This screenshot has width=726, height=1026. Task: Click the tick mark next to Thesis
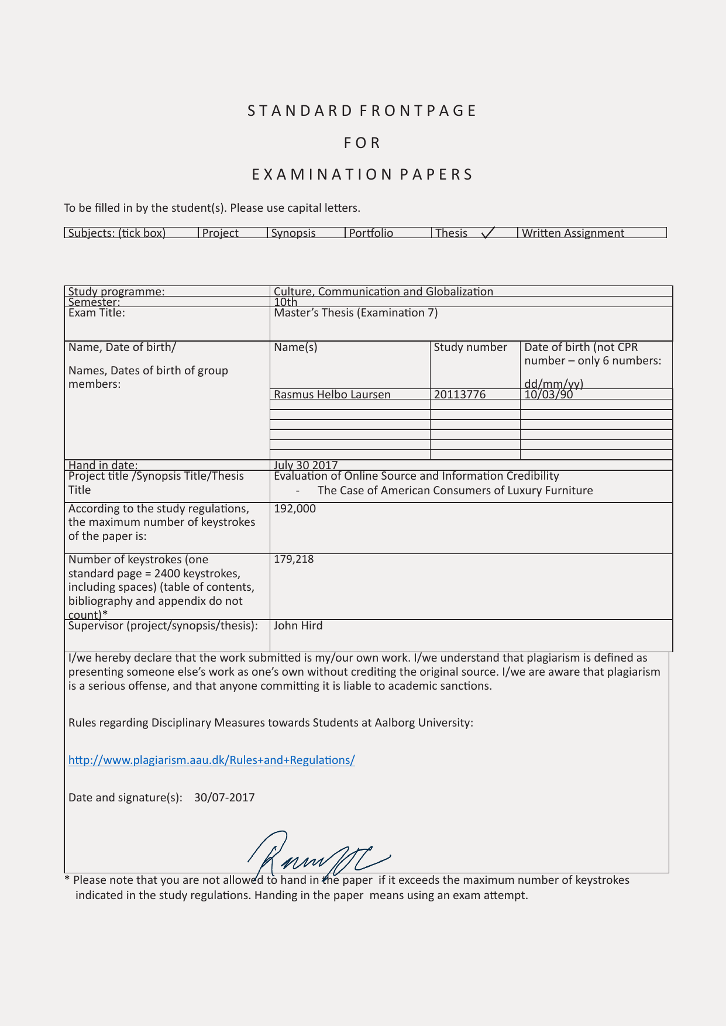click(x=488, y=233)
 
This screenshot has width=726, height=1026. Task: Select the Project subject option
click(x=221, y=233)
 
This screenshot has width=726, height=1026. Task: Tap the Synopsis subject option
click(x=293, y=233)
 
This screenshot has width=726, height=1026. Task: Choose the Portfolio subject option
click(x=371, y=233)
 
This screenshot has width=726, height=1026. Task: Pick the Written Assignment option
click(x=573, y=233)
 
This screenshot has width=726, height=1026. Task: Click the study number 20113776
click(x=460, y=394)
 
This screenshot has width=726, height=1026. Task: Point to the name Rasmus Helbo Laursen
click(x=332, y=394)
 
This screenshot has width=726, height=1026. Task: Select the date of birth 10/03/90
click(x=549, y=394)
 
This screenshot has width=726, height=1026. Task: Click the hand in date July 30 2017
click(x=305, y=465)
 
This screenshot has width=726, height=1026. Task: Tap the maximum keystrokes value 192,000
click(x=295, y=508)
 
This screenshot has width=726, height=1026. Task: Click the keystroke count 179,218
click(x=294, y=559)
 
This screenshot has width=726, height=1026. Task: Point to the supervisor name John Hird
click(x=298, y=625)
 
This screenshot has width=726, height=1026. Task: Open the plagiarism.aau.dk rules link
click(x=211, y=760)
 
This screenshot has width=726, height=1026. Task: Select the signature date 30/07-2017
click(x=225, y=797)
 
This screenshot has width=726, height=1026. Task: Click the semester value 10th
click(x=285, y=302)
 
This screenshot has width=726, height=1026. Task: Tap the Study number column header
click(x=470, y=347)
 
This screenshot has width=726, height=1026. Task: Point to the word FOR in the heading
click(x=362, y=143)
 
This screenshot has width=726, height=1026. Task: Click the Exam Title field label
click(x=97, y=312)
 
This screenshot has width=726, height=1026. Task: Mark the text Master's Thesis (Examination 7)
click(x=356, y=312)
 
